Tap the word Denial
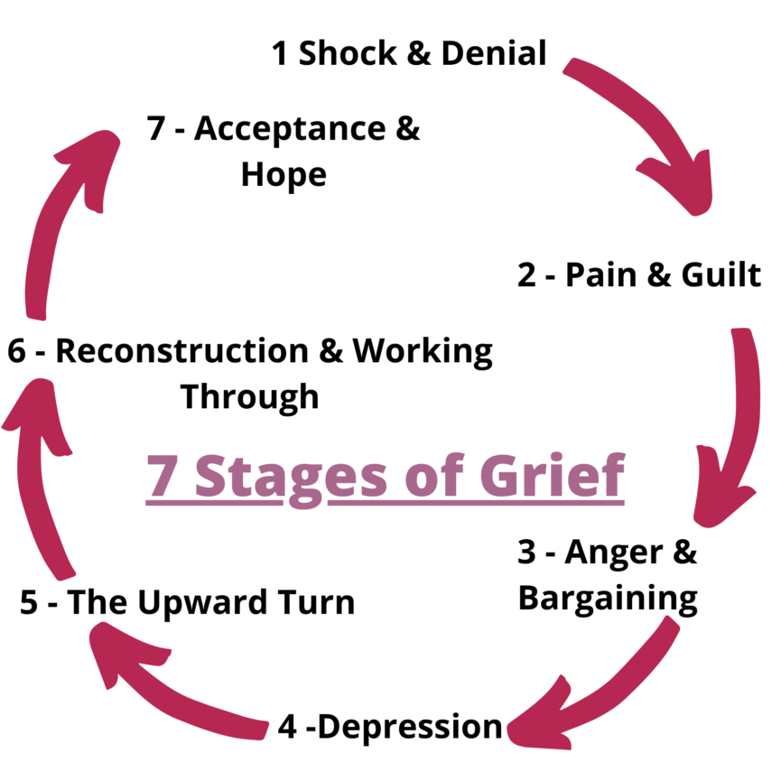click(x=493, y=54)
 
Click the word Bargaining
click(x=608, y=598)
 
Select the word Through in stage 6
click(x=250, y=396)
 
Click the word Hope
click(x=284, y=174)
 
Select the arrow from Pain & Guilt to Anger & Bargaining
click(x=736, y=424)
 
